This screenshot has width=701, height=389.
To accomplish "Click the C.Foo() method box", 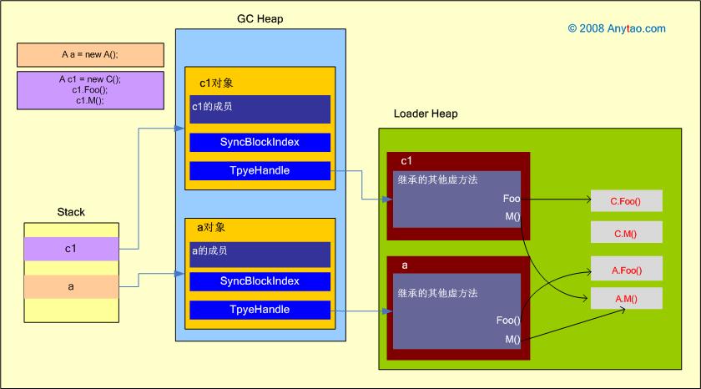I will click(x=626, y=201).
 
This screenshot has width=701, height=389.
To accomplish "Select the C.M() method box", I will click(x=626, y=233).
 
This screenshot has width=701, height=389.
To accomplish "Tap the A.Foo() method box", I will click(x=626, y=269).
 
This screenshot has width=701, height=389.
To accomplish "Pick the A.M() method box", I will click(x=626, y=299).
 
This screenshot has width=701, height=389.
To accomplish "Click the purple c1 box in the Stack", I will click(x=71, y=248).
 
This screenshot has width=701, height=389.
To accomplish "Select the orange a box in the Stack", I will click(x=71, y=286).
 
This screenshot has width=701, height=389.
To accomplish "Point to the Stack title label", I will click(x=71, y=212).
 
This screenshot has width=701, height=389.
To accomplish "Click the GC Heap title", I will click(x=260, y=18).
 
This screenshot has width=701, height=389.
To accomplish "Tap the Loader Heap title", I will click(x=426, y=114).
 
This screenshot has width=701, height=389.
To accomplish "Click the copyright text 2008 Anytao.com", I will click(x=617, y=28).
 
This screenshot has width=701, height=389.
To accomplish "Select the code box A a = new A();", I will click(x=90, y=54).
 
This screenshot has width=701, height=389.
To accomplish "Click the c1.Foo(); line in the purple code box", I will click(x=90, y=89).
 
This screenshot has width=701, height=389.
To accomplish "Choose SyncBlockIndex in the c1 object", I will click(x=260, y=142).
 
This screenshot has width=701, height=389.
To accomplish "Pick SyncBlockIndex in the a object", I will click(x=260, y=281).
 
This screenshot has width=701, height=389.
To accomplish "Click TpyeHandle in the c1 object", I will click(x=260, y=170).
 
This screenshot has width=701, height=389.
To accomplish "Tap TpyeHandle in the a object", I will click(x=260, y=310).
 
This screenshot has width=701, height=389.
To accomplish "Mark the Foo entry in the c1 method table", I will click(x=511, y=199).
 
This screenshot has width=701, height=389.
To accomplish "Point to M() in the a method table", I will click(x=512, y=339).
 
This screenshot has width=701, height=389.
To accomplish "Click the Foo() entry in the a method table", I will click(x=507, y=321).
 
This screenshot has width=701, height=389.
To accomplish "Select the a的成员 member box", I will click(x=260, y=253).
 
